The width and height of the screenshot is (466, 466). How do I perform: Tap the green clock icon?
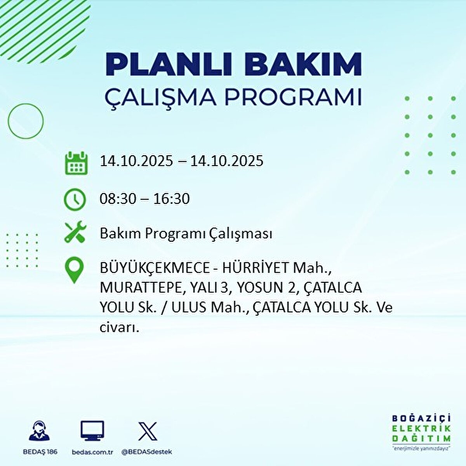tap(75, 199)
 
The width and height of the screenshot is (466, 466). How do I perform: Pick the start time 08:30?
tap(118, 199)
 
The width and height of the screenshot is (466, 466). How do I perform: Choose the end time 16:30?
tap(172, 199)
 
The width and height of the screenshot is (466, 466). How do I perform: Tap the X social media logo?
tap(148, 431)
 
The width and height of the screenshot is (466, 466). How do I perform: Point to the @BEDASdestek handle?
tap(146, 452)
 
